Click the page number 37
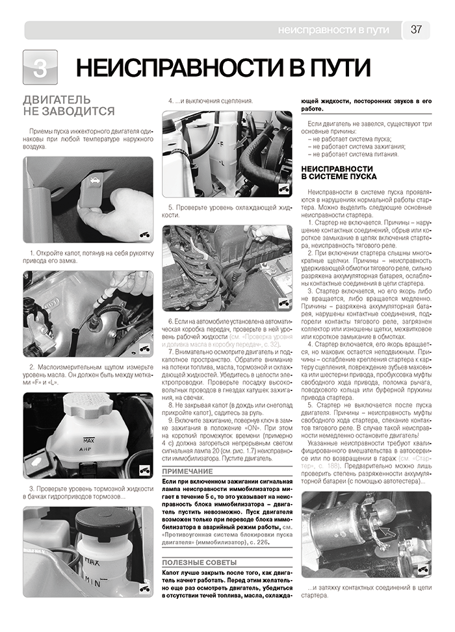[416, 29]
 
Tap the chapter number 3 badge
[40, 68]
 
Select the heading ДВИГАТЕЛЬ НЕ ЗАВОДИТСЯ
[68, 106]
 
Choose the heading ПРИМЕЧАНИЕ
[188, 472]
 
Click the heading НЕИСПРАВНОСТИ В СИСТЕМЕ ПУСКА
[339, 173]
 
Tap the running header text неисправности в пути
[333, 30]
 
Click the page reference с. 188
[325, 466]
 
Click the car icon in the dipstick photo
[144, 348]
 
